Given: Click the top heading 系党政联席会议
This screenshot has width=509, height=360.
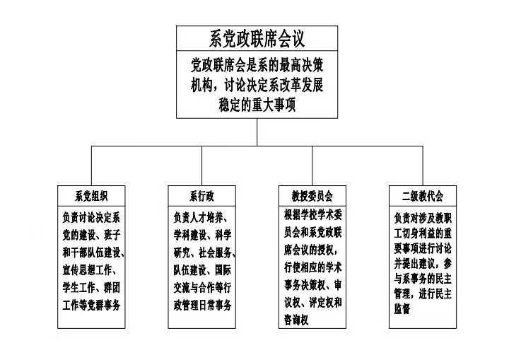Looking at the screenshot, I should pyautogui.click(x=257, y=38).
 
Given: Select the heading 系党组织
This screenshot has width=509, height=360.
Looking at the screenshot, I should pyautogui.click(x=91, y=195).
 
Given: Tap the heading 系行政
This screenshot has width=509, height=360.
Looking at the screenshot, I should pyautogui.click(x=201, y=195).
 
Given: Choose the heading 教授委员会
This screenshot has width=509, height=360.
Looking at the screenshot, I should pyautogui.click(x=312, y=195).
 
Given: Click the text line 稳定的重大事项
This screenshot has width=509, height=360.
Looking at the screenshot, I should pyautogui.click(x=257, y=105).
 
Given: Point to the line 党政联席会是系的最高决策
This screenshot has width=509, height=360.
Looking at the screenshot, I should pyautogui.click(x=257, y=66).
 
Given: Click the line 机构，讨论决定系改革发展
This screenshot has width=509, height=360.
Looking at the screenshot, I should pyautogui.click(x=257, y=85).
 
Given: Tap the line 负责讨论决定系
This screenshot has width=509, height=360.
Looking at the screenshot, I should pyautogui.click(x=91, y=217).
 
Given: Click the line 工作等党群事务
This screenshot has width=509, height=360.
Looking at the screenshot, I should pyautogui.click(x=91, y=305).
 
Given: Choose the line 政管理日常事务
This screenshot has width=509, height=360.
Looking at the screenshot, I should pyautogui.click(x=201, y=305).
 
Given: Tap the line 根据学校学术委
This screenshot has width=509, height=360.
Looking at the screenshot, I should pyautogui.click(x=312, y=215).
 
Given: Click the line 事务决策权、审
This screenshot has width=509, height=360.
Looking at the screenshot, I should pyautogui.click(x=312, y=285).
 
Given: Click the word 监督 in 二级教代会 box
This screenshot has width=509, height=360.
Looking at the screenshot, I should pyautogui.click(x=402, y=309).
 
